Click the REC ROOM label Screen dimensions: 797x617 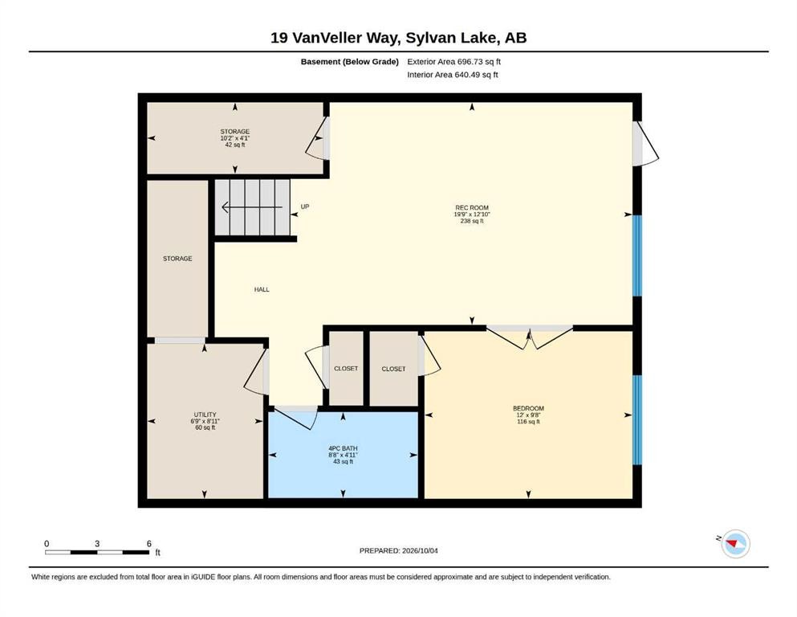point(472,207)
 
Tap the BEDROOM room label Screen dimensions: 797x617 point(528,408)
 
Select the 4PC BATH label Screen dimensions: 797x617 point(343,448)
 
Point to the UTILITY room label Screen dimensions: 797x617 point(205,415)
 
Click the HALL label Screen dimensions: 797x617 point(262,289)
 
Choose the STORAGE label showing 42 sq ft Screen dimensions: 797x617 point(235,131)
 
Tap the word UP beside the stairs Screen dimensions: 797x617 point(305,206)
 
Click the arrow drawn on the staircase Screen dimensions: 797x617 point(252,207)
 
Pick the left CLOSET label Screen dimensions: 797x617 point(346,368)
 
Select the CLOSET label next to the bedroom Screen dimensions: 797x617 point(393,369)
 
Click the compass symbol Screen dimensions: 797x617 point(735,544)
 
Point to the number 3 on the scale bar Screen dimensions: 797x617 point(97,543)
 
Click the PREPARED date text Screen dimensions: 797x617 point(398,550)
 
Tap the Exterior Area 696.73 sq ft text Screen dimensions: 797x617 point(454,62)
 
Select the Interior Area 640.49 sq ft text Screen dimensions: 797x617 point(453,75)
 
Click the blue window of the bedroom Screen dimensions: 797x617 point(637,420)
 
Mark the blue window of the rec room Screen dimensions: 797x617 point(637,255)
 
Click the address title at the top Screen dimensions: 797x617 point(398,38)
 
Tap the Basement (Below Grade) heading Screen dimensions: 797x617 point(349,62)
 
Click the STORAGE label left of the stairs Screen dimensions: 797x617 point(177,259)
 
